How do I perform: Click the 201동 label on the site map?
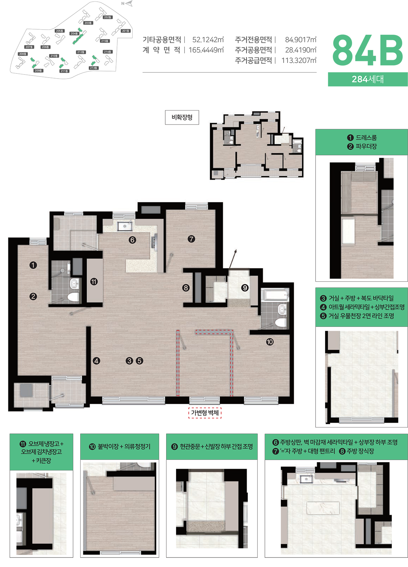[125, 31]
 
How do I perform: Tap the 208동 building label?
[23, 54]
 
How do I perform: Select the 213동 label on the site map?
[93, 68]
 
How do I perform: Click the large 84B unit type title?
[368, 51]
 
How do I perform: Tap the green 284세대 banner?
[368, 79]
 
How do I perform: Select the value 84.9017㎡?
[301, 40]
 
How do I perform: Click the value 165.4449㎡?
[206, 50]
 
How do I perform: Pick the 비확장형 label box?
[182, 117]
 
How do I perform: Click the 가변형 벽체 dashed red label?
[205, 413]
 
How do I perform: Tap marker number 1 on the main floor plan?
[33, 265]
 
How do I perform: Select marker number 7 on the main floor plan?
[191, 239]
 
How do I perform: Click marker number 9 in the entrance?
[245, 288]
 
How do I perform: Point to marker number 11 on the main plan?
[94, 282]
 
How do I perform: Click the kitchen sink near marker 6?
[125, 226]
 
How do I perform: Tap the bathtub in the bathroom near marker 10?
[275, 295]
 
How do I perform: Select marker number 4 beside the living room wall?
[96, 361]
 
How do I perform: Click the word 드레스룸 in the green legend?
[366, 137]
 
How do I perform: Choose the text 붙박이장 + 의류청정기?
[124, 447]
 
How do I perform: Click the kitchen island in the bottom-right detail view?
[323, 508]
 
